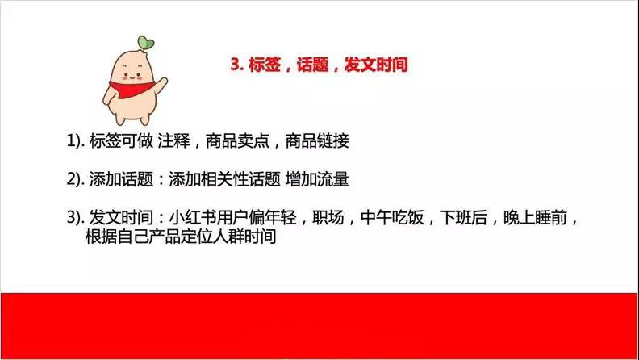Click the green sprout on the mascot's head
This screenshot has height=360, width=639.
click(145, 42)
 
